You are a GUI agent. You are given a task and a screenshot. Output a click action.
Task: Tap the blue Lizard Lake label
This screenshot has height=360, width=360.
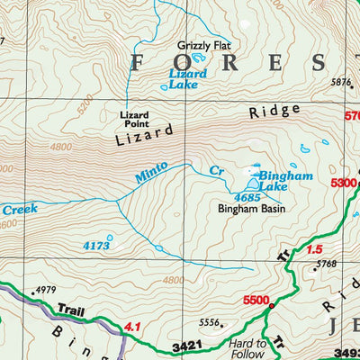coord(188,78)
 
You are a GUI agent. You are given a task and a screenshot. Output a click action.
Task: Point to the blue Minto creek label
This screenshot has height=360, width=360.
coord(150,173)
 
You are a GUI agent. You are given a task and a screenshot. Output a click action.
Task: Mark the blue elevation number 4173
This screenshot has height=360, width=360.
coord(95,245)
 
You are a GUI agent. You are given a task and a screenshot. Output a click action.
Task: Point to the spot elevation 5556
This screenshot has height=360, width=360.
coord(210,322)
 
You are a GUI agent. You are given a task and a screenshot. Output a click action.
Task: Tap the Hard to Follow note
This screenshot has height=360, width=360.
coord(247,349)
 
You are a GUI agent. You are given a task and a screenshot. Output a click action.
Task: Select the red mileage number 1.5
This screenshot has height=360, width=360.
coord(313,249)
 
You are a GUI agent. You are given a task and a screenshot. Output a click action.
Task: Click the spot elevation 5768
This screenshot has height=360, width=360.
coord(325,264)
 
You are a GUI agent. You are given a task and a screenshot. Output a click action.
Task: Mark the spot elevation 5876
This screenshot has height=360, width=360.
coord(340,83)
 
